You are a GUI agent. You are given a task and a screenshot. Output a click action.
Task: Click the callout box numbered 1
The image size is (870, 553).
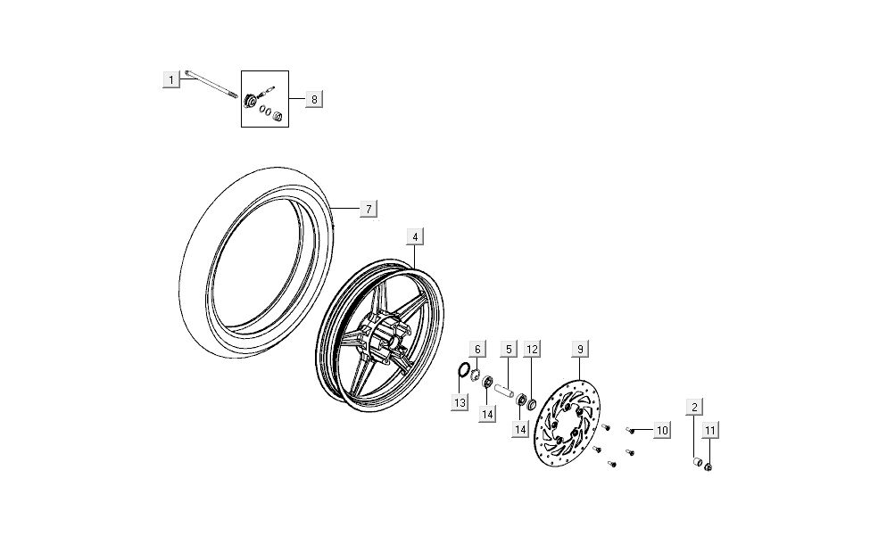170,80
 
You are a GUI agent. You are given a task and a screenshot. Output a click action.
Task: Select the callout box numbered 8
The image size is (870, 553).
313,99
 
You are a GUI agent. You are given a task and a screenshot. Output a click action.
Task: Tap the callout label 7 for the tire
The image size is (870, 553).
368,209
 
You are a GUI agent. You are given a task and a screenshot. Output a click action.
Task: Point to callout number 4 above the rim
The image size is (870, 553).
415,236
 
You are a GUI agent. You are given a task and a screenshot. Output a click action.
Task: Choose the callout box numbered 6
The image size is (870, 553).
477,349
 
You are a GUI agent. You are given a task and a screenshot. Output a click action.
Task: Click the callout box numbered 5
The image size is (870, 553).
509,349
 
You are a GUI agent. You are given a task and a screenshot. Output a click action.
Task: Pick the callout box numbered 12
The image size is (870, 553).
532,349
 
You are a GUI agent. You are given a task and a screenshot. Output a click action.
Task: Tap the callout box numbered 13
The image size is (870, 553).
460,403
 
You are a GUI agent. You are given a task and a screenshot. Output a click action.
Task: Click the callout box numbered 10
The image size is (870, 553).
661,431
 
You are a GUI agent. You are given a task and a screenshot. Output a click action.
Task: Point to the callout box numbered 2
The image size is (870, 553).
693,408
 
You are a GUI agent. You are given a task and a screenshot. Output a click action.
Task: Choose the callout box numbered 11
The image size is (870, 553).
710,431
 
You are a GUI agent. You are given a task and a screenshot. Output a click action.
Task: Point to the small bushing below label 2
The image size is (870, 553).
696,462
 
